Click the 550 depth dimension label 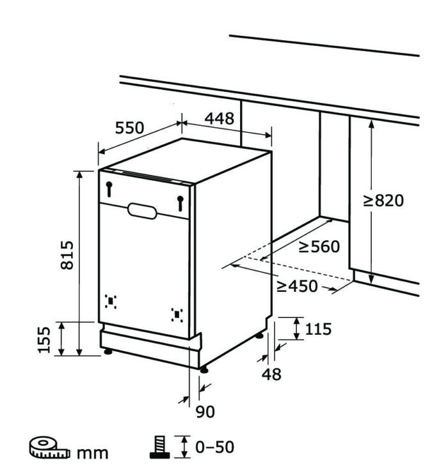[129, 128]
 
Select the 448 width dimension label [220, 119]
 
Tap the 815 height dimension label [67, 255]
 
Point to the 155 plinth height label [44, 339]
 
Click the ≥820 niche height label [383, 201]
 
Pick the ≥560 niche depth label [319, 247]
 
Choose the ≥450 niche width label [297, 286]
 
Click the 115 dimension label [318, 329]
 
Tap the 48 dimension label [271, 374]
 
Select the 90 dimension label [205, 411]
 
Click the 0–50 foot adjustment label [215, 447]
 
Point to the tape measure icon [50, 447]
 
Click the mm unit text [92, 453]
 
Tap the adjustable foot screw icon [159, 447]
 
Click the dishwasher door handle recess [142, 211]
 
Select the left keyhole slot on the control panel [109, 189]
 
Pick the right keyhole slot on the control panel [180, 203]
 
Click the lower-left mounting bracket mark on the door [111, 302]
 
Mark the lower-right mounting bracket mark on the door [177, 315]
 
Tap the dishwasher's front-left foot [108, 351]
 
